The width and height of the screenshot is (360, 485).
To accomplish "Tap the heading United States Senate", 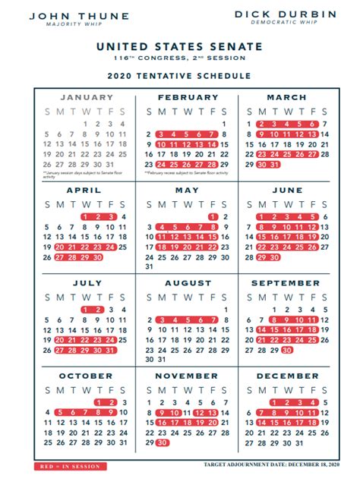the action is (x=180, y=46).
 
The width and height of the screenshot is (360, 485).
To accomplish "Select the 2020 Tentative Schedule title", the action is (x=180, y=76).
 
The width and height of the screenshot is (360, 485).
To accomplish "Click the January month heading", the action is (x=87, y=97).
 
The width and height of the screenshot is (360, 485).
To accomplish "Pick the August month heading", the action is (x=187, y=283).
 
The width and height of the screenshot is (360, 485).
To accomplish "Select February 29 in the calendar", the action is (x=223, y=164).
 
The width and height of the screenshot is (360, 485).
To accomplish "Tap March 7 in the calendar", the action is (x=324, y=124).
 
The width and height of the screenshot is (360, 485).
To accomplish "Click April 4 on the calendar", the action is (x=123, y=216).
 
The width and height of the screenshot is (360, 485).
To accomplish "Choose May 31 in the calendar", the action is (x=148, y=266).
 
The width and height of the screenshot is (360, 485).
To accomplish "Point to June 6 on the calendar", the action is (x=324, y=216).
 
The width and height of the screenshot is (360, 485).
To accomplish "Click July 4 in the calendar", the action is (x=123, y=310).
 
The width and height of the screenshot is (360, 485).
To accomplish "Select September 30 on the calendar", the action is (x=286, y=350).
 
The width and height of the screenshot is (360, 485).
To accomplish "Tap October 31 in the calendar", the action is (x=123, y=442).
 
